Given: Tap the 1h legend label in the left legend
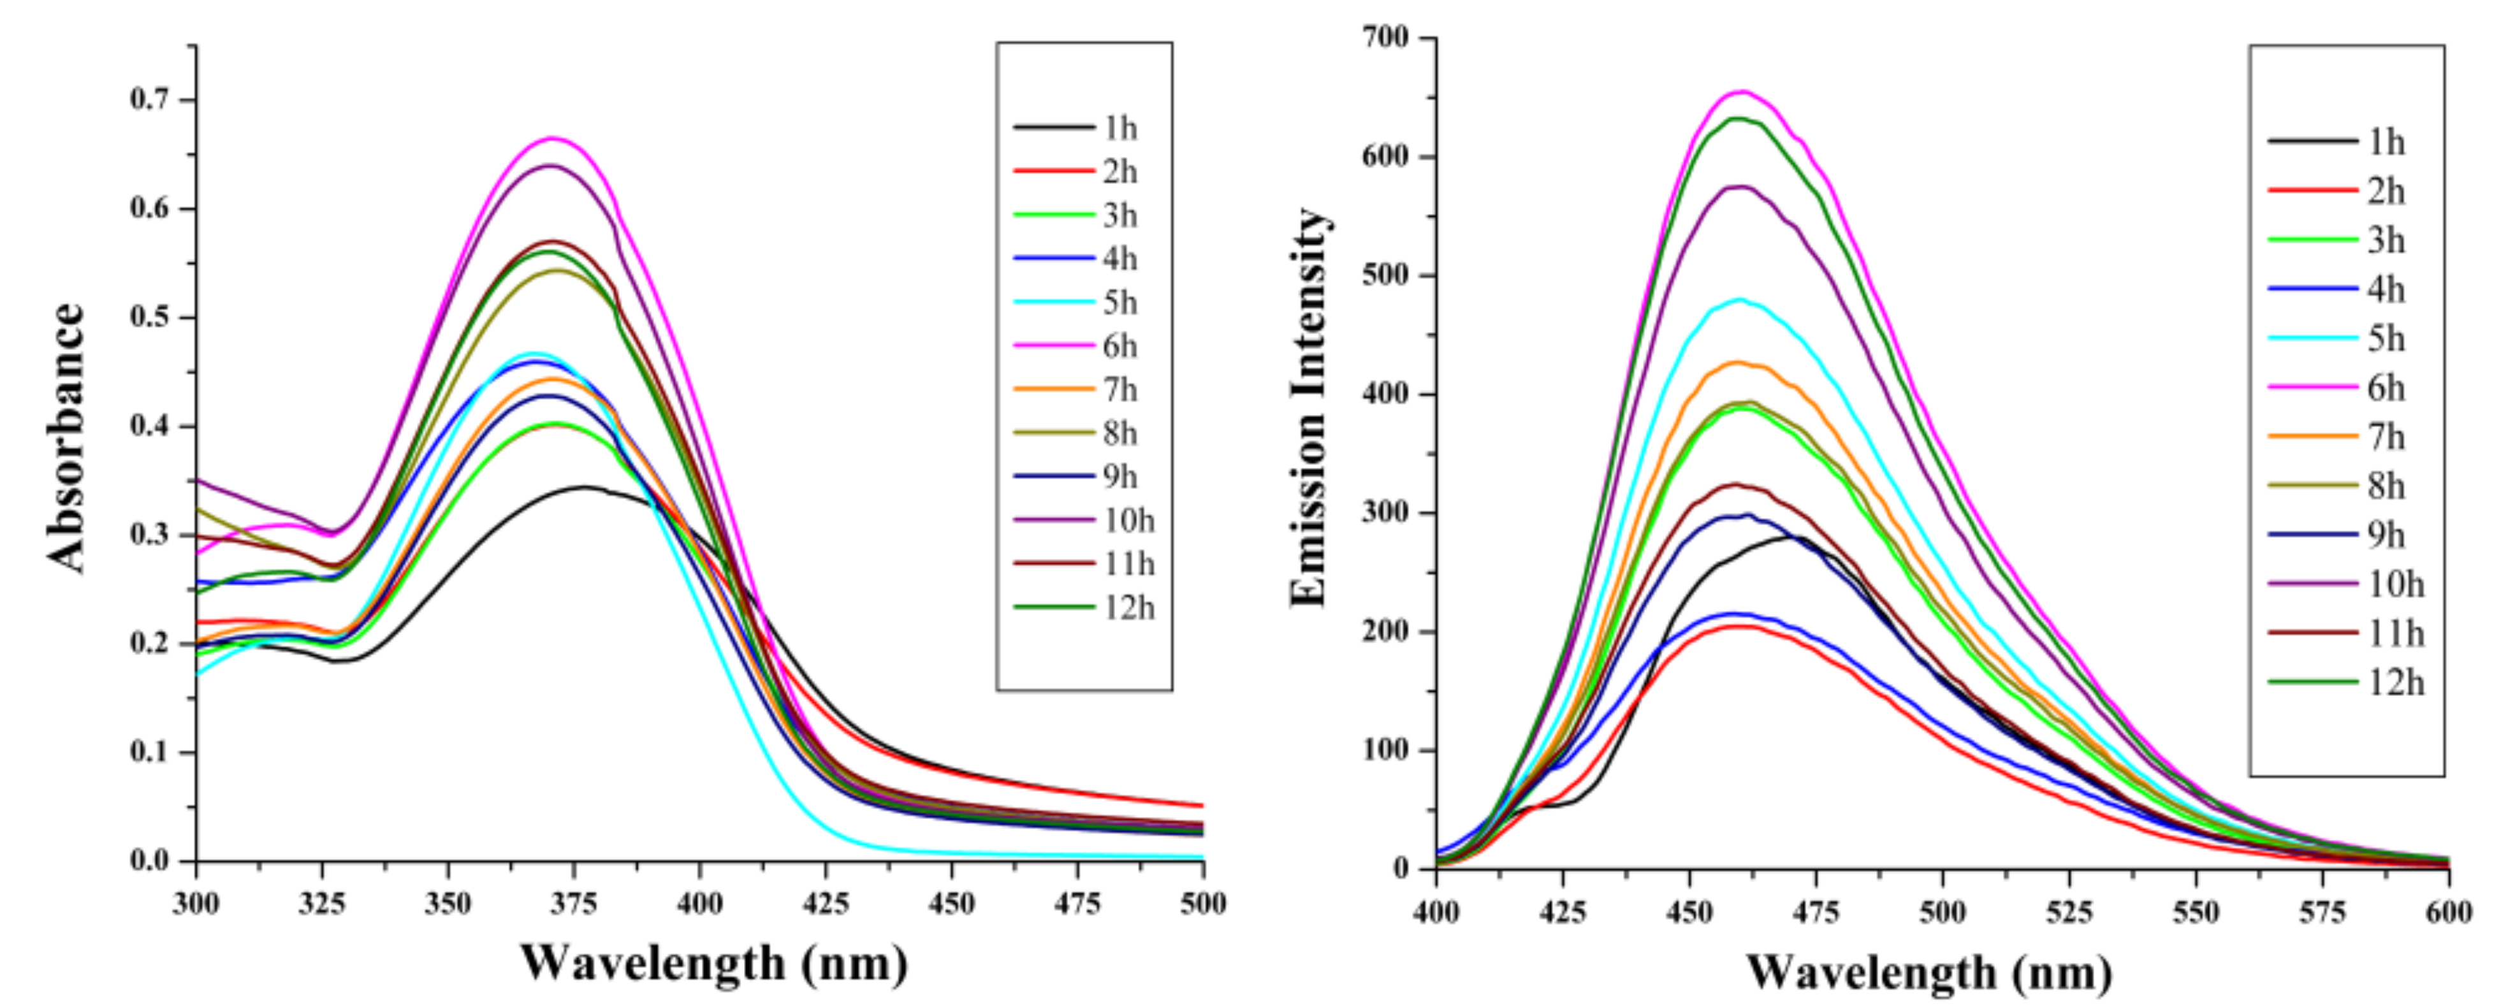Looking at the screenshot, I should pos(1119,128).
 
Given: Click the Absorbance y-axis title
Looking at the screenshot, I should pos(66,438).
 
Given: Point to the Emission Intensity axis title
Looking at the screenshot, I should pos(1308,407).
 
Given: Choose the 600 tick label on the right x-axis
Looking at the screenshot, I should pos(2447,912).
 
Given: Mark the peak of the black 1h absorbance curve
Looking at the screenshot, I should pos(584,487).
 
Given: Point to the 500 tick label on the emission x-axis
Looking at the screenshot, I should pos(1942,912).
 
